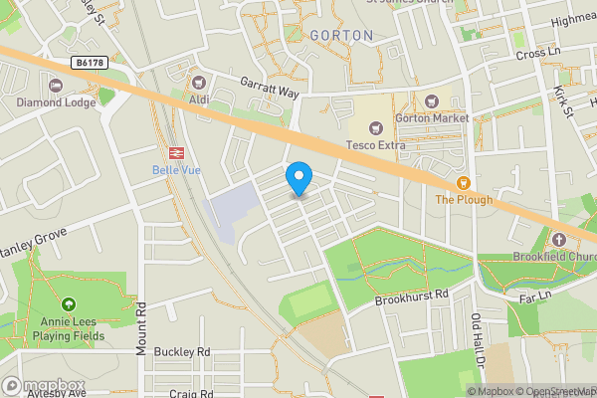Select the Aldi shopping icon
click(200, 82)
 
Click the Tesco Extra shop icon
click(375, 126)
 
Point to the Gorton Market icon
click(432, 100)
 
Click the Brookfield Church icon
click(559, 240)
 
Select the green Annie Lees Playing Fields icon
click(69, 304)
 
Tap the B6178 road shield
click(89, 62)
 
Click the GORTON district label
click(341, 36)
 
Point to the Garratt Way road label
click(268, 89)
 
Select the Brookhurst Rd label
click(413, 297)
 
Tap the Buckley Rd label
click(184, 352)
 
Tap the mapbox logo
click(45, 386)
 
